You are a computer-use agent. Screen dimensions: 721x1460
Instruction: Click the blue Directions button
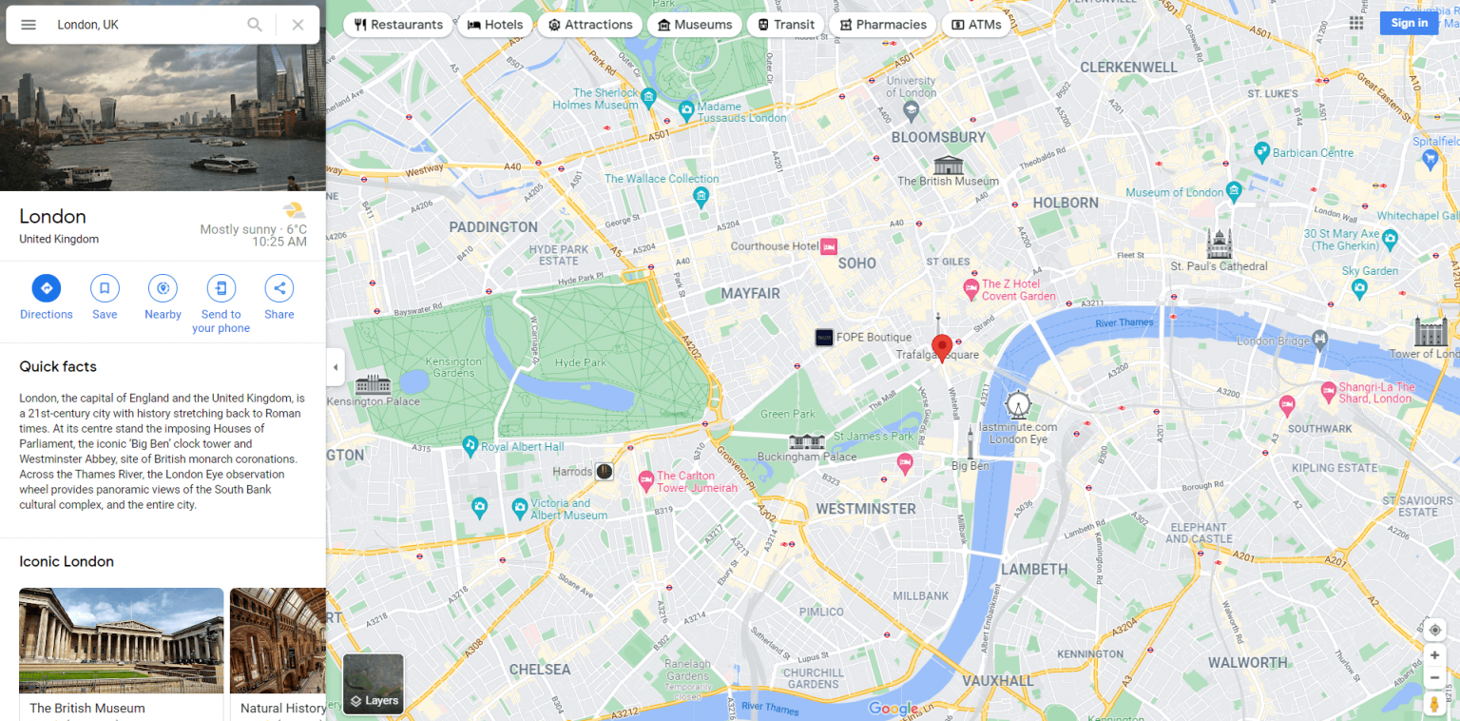click(x=46, y=288)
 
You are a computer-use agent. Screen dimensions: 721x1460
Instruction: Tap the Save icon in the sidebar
click(x=105, y=288)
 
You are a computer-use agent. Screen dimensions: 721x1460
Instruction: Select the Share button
click(x=279, y=288)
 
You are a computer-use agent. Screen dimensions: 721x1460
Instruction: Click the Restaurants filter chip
click(x=398, y=25)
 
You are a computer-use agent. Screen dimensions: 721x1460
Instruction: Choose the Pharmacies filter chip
click(x=882, y=25)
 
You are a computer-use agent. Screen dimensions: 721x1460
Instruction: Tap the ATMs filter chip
click(x=976, y=25)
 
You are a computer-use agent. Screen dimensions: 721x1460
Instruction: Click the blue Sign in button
click(x=1408, y=23)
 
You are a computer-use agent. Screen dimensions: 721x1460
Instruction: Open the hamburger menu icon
click(x=29, y=25)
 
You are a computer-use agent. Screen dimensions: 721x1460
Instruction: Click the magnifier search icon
click(x=255, y=25)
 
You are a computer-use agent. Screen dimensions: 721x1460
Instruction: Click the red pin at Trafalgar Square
click(x=941, y=347)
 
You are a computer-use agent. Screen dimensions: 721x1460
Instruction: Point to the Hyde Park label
click(x=580, y=362)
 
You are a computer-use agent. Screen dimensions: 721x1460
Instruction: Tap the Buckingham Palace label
click(x=808, y=457)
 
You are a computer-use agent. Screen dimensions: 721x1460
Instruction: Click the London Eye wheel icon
click(x=1018, y=404)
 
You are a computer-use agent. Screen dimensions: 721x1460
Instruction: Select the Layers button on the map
click(x=373, y=684)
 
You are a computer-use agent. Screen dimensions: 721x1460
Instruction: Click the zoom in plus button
click(x=1434, y=655)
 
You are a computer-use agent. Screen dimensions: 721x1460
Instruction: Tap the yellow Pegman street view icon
click(x=1434, y=704)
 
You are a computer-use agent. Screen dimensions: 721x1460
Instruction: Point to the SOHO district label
click(x=856, y=263)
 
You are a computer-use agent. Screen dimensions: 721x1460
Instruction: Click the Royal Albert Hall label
click(x=522, y=446)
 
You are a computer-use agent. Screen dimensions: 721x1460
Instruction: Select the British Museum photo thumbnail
click(x=121, y=640)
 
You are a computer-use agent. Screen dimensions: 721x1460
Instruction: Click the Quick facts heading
click(x=58, y=366)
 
